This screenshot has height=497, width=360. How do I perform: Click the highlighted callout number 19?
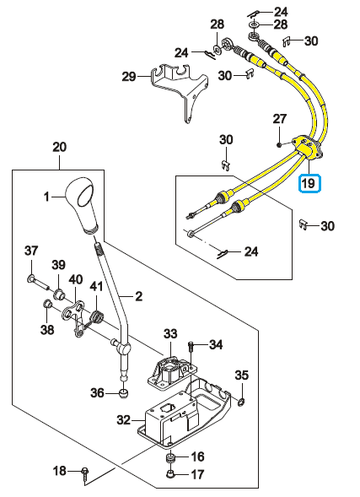309,183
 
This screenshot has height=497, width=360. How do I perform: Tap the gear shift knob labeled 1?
81,206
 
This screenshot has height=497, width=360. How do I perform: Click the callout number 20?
60,147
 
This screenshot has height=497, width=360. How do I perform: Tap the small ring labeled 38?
47,304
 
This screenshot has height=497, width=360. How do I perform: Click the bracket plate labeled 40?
75,317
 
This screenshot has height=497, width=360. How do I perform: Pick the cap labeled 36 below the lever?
123,394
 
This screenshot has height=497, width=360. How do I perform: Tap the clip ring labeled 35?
241,402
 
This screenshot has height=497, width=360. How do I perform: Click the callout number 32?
123,419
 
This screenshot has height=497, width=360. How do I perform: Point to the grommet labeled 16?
170,458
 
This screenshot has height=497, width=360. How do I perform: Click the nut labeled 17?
170,474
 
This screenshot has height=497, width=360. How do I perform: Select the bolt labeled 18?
85,473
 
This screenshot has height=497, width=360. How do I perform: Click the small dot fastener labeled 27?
278,145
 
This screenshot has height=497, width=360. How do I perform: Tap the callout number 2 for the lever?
138,296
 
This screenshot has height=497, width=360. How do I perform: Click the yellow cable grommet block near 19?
307,149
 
